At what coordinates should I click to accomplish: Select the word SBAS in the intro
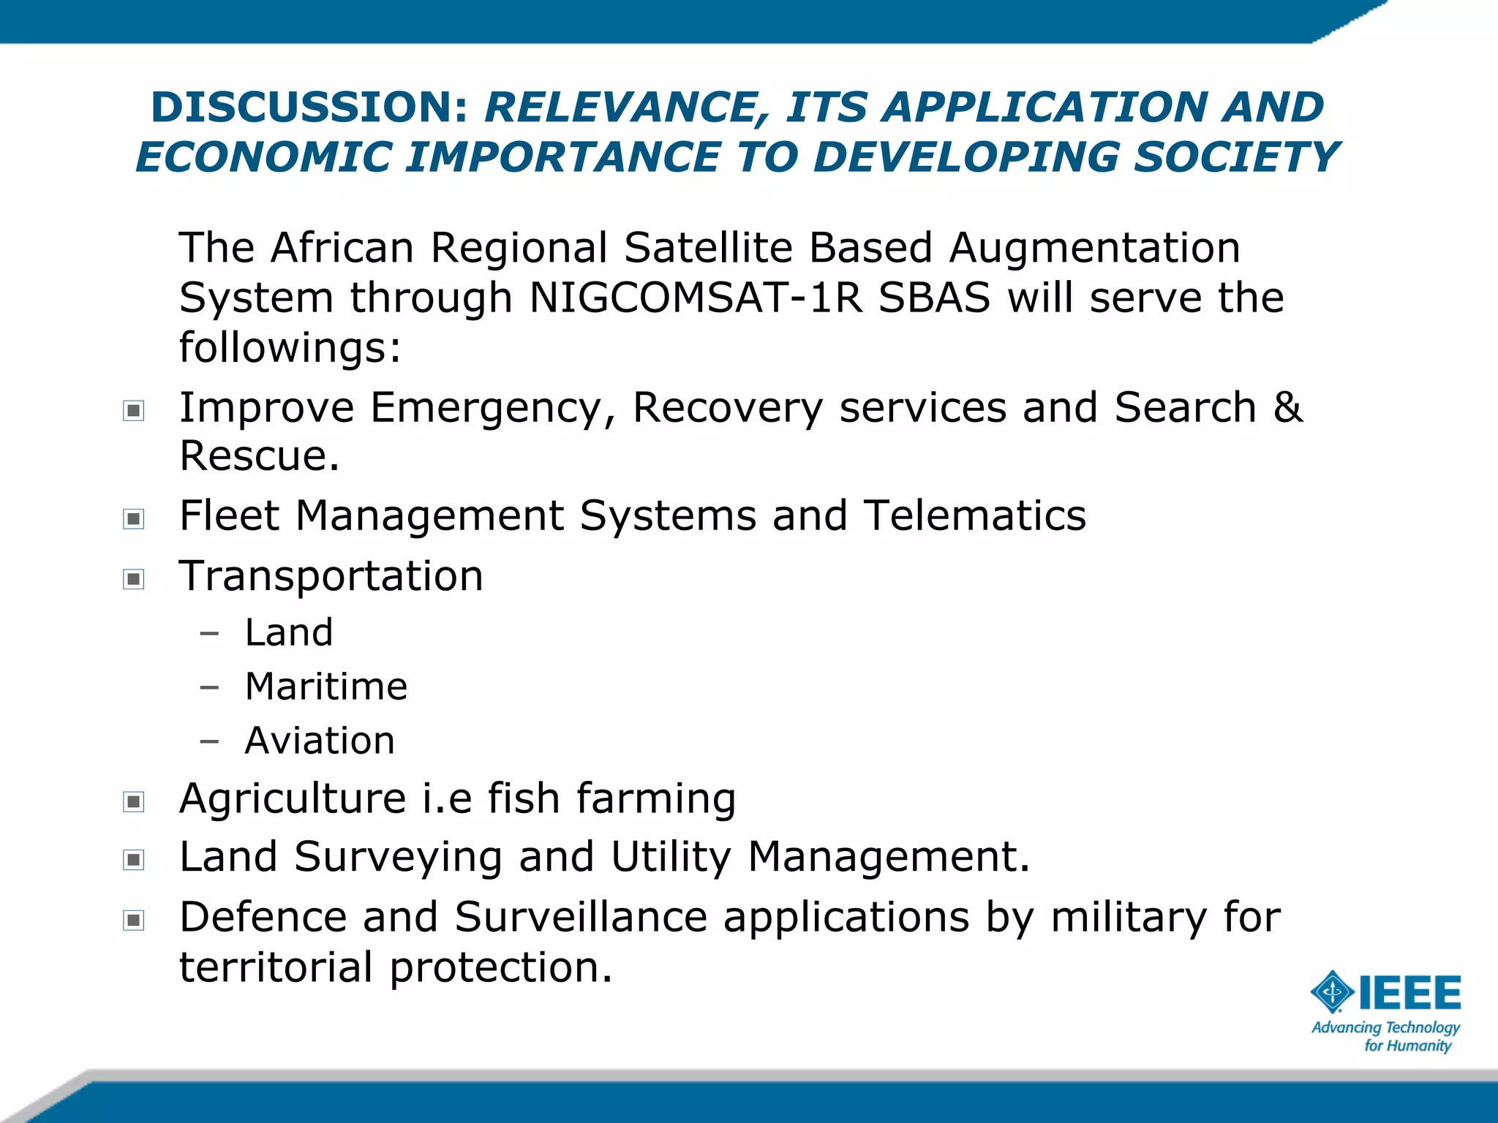click(933, 298)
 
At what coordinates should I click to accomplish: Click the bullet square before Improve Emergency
click(133, 410)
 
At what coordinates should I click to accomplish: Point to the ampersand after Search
click(1287, 407)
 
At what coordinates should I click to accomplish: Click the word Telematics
click(974, 515)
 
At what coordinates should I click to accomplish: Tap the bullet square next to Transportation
click(133, 579)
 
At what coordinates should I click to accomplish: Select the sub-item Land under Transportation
click(289, 632)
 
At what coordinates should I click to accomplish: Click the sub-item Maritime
click(325, 687)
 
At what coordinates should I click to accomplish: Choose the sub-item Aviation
click(320, 741)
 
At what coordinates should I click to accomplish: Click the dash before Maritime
click(209, 687)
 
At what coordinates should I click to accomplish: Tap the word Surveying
click(398, 857)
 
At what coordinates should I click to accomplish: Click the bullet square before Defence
click(133, 919)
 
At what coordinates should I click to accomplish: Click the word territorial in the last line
click(276, 967)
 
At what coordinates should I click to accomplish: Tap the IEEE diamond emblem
click(1332, 992)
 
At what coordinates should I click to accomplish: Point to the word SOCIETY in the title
click(1236, 158)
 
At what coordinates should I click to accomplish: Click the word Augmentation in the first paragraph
click(1094, 248)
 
